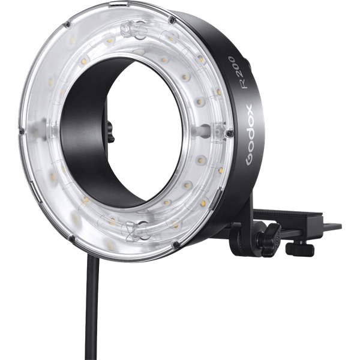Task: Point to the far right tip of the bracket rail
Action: click(x=340, y=227)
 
